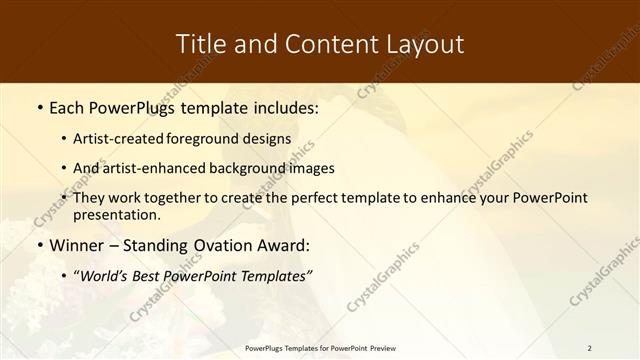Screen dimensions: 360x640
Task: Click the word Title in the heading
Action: [201, 44]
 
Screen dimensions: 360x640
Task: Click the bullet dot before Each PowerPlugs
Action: [39, 107]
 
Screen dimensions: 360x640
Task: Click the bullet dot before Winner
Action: [39, 245]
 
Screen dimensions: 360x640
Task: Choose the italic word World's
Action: [107, 276]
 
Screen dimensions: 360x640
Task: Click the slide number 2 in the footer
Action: [589, 348]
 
